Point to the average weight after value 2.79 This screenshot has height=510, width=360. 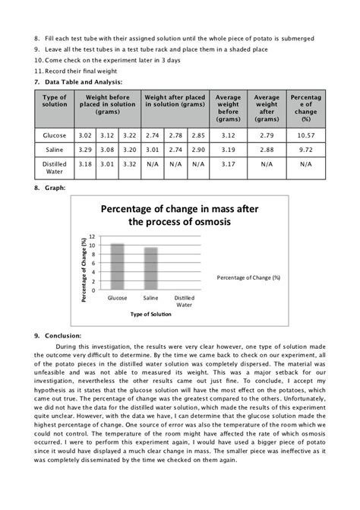pyautogui.click(x=267, y=135)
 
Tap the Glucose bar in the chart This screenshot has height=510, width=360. pyautogui.click(x=118, y=266)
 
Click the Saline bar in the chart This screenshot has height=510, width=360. pyautogui.click(x=151, y=268)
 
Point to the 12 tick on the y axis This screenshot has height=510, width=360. pyautogui.click(x=92, y=237)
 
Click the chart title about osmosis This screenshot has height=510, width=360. pyautogui.click(x=179, y=214)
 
